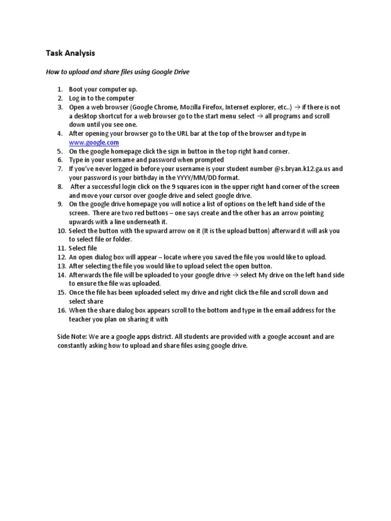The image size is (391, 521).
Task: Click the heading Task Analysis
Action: point(70,53)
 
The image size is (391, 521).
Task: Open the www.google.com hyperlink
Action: point(94,142)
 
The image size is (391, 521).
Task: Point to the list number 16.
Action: point(61,310)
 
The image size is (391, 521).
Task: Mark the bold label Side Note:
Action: point(73,337)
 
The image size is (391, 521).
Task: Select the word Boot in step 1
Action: point(76,90)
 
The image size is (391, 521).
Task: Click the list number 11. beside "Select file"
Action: point(61,248)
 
